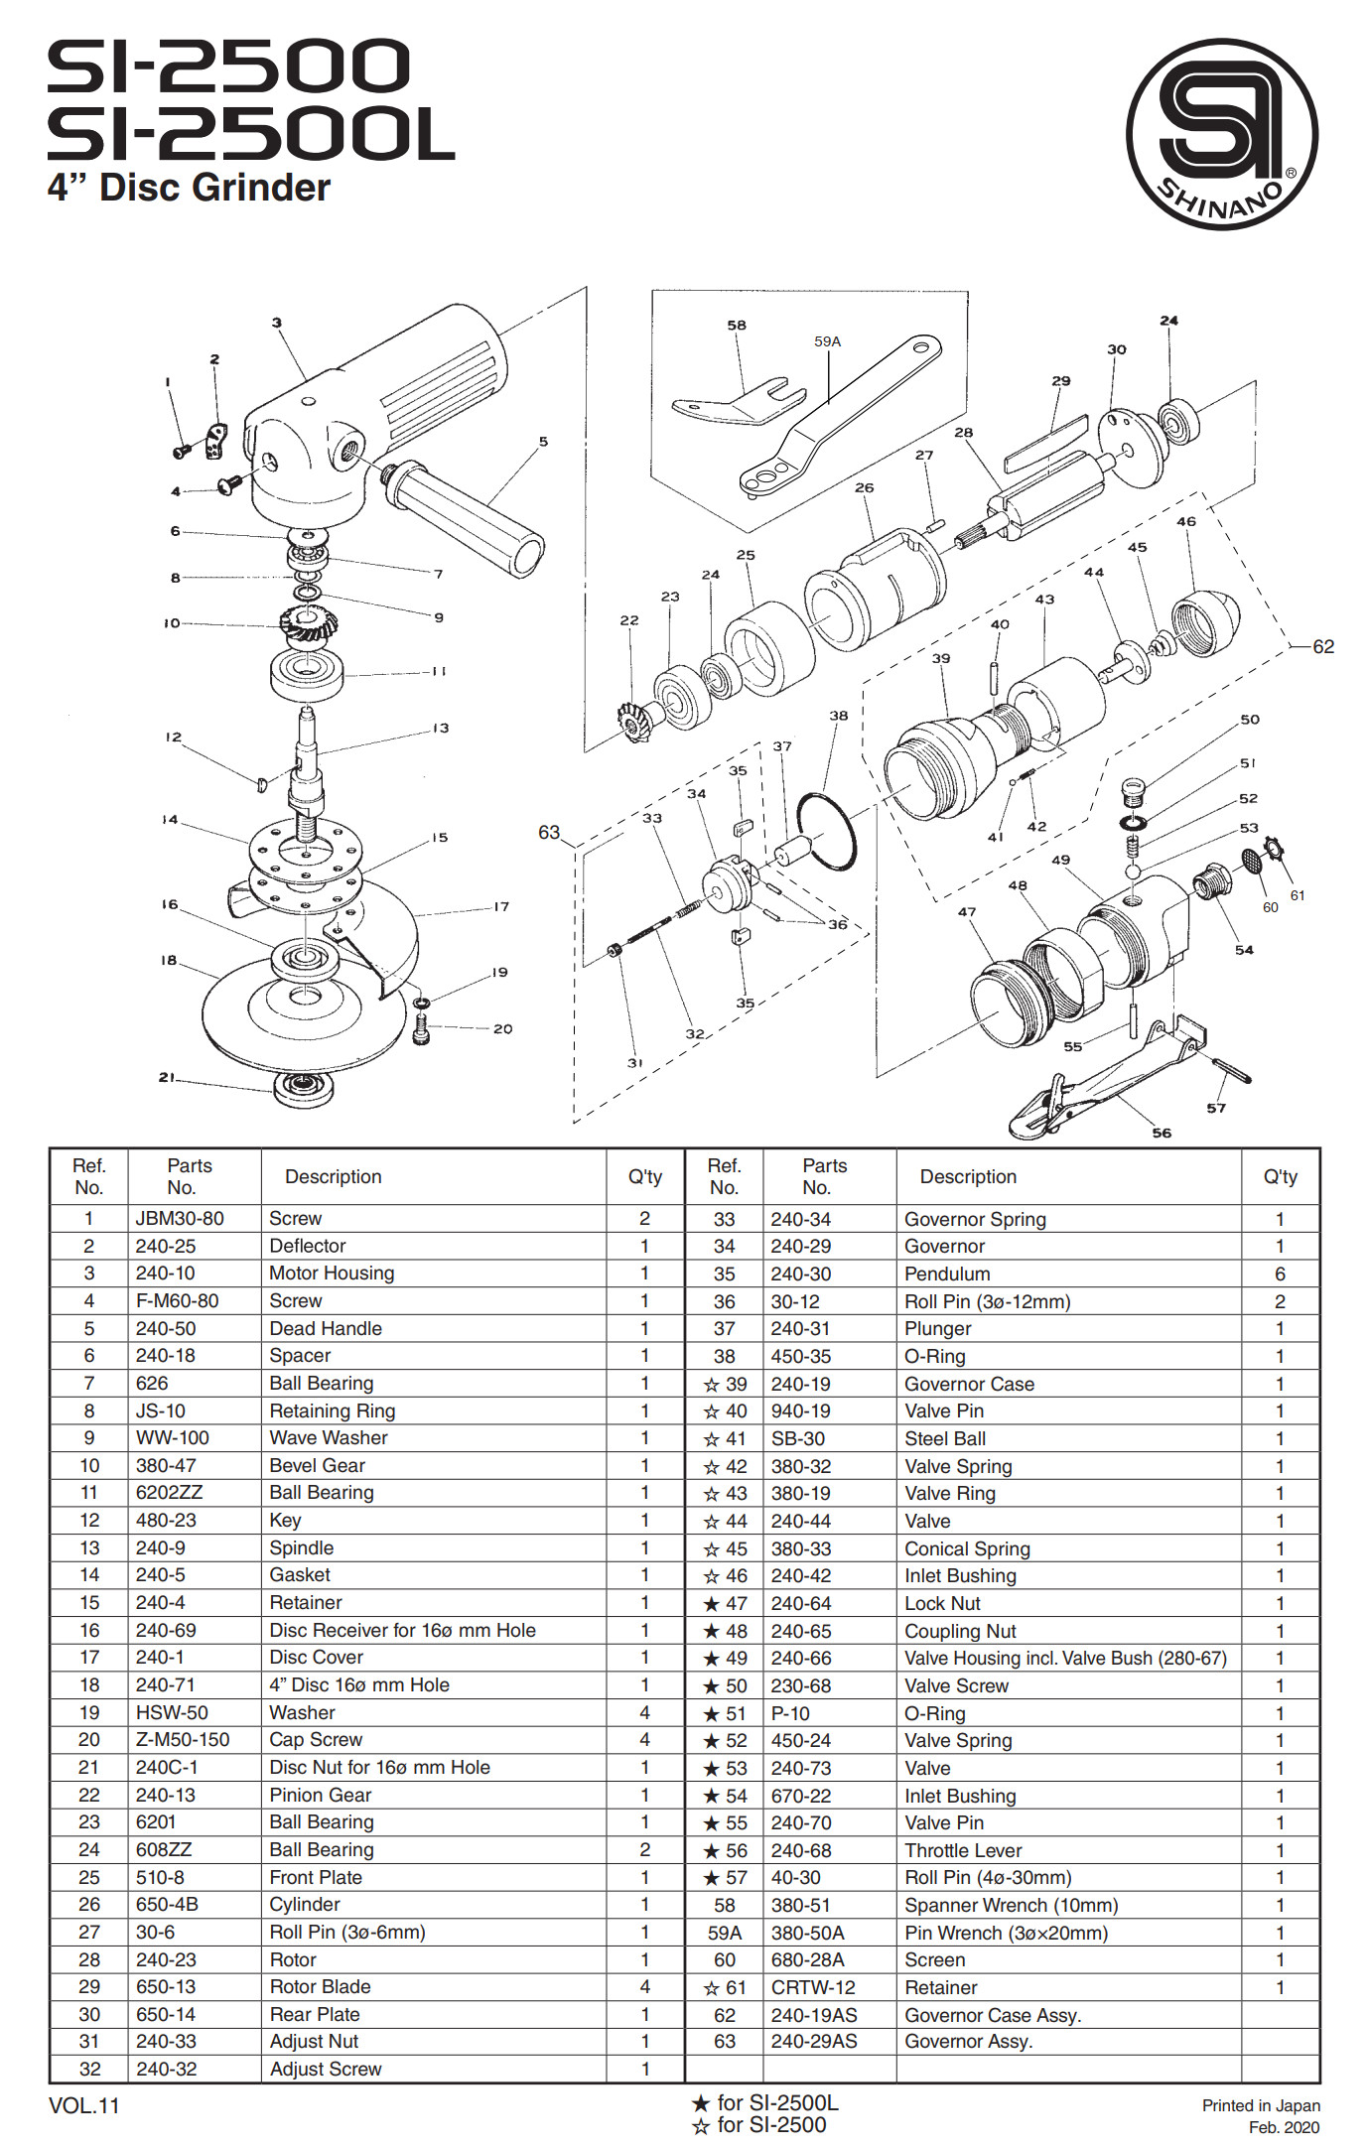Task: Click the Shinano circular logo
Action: click(1221, 134)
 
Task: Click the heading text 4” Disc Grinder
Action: click(189, 188)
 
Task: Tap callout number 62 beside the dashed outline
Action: click(1323, 646)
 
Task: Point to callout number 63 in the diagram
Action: click(549, 832)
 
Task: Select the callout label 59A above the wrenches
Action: click(827, 341)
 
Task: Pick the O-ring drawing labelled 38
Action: click(826, 832)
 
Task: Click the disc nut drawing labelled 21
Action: click(308, 1089)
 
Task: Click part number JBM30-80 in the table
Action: click(180, 1218)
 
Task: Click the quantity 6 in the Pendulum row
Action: click(1280, 1274)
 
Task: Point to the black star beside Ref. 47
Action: click(711, 1603)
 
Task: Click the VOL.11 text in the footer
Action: click(83, 2105)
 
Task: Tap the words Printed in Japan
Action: click(1261, 2105)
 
